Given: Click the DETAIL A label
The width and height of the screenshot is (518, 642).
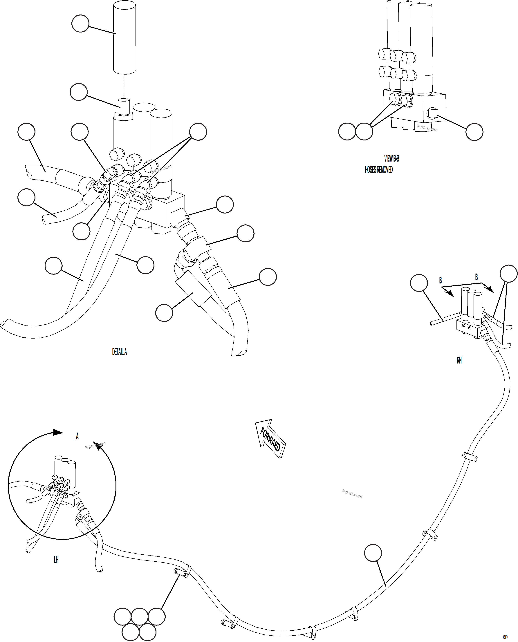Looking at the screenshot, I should coord(119,352).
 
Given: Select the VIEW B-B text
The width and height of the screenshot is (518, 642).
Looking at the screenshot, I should coord(391,158).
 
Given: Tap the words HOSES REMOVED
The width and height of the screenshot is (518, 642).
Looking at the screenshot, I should coord(379,170).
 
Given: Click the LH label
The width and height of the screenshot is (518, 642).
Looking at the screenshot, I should coord(56,560).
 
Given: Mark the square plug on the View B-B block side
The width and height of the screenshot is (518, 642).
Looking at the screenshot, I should coord(432,113).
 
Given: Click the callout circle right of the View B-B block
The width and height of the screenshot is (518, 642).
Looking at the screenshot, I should coord(474,132).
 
